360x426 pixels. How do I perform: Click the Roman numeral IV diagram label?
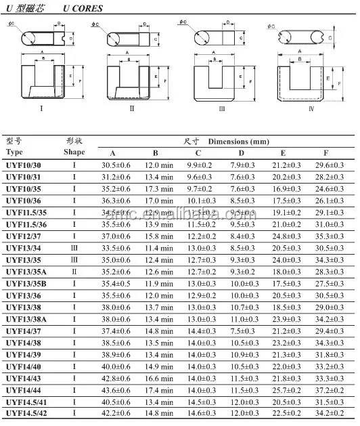(x=311, y=108)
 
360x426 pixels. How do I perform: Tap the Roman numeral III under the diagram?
(x=221, y=108)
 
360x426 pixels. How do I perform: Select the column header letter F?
(x=325, y=153)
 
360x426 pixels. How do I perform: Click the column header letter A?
(x=113, y=153)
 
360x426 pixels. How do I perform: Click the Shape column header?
(x=74, y=153)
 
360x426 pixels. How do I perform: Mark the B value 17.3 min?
(x=156, y=188)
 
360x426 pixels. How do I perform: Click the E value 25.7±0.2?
(x=286, y=389)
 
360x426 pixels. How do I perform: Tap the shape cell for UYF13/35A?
(x=74, y=272)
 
